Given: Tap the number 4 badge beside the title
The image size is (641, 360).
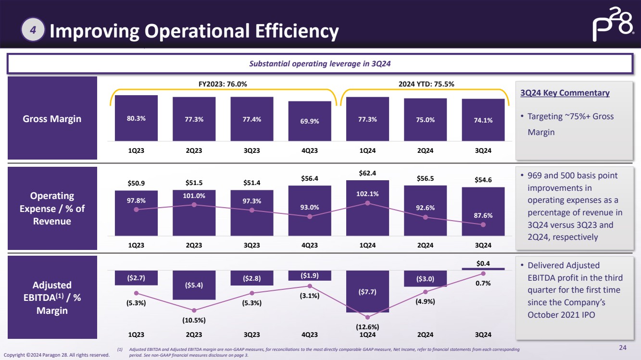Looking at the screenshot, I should click(x=33, y=30).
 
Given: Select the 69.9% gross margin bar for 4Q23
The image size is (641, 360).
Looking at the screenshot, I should click(x=310, y=121).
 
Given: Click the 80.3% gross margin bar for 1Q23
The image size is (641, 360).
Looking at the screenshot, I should click(x=136, y=118).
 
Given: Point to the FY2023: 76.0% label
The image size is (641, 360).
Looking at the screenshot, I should click(x=223, y=84).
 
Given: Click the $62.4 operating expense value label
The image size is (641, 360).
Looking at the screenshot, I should click(x=367, y=173).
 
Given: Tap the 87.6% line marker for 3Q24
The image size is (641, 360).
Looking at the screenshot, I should click(x=483, y=224).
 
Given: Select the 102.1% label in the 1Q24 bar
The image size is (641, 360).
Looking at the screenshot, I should click(x=367, y=194).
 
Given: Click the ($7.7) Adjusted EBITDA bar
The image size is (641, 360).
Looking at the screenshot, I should click(x=367, y=291).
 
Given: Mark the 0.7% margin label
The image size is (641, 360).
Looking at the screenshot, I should click(x=483, y=283).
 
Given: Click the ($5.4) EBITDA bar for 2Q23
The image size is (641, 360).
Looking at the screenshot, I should click(x=194, y=285).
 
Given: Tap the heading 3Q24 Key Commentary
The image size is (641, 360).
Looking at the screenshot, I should click(x=565, y=93).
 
